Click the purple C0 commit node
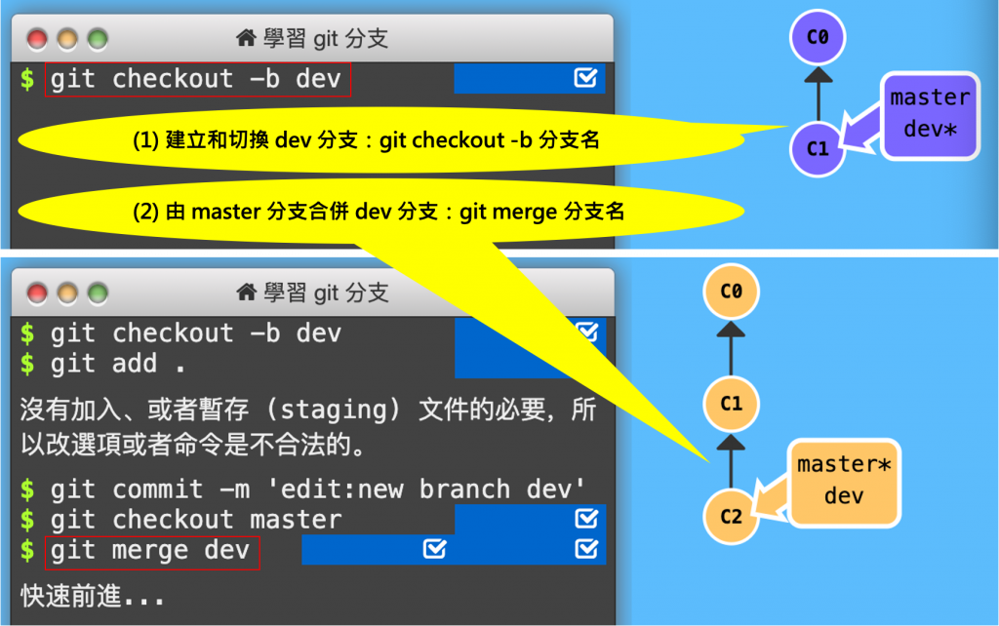[x=818, y=38]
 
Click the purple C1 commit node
[x=818, y=149]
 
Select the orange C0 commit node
[x=731, y=291]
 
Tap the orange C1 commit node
[x=731, y=403]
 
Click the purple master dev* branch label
[x=929, y=114]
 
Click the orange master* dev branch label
[x=843, y=481]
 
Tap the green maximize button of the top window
[x=98, y=40]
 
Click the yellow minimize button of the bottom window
[x=67, y=293]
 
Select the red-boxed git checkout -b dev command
[x=196, y=79]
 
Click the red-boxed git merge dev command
[x=150, y=551]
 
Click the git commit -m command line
[x=302, y=489]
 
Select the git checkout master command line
[x=195, y=520]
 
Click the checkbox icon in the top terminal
[x=585, y=78]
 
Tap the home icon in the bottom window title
[x=247, y=292]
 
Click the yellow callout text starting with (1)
[x=366, y=140]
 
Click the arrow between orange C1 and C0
[x=731, y=346]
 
